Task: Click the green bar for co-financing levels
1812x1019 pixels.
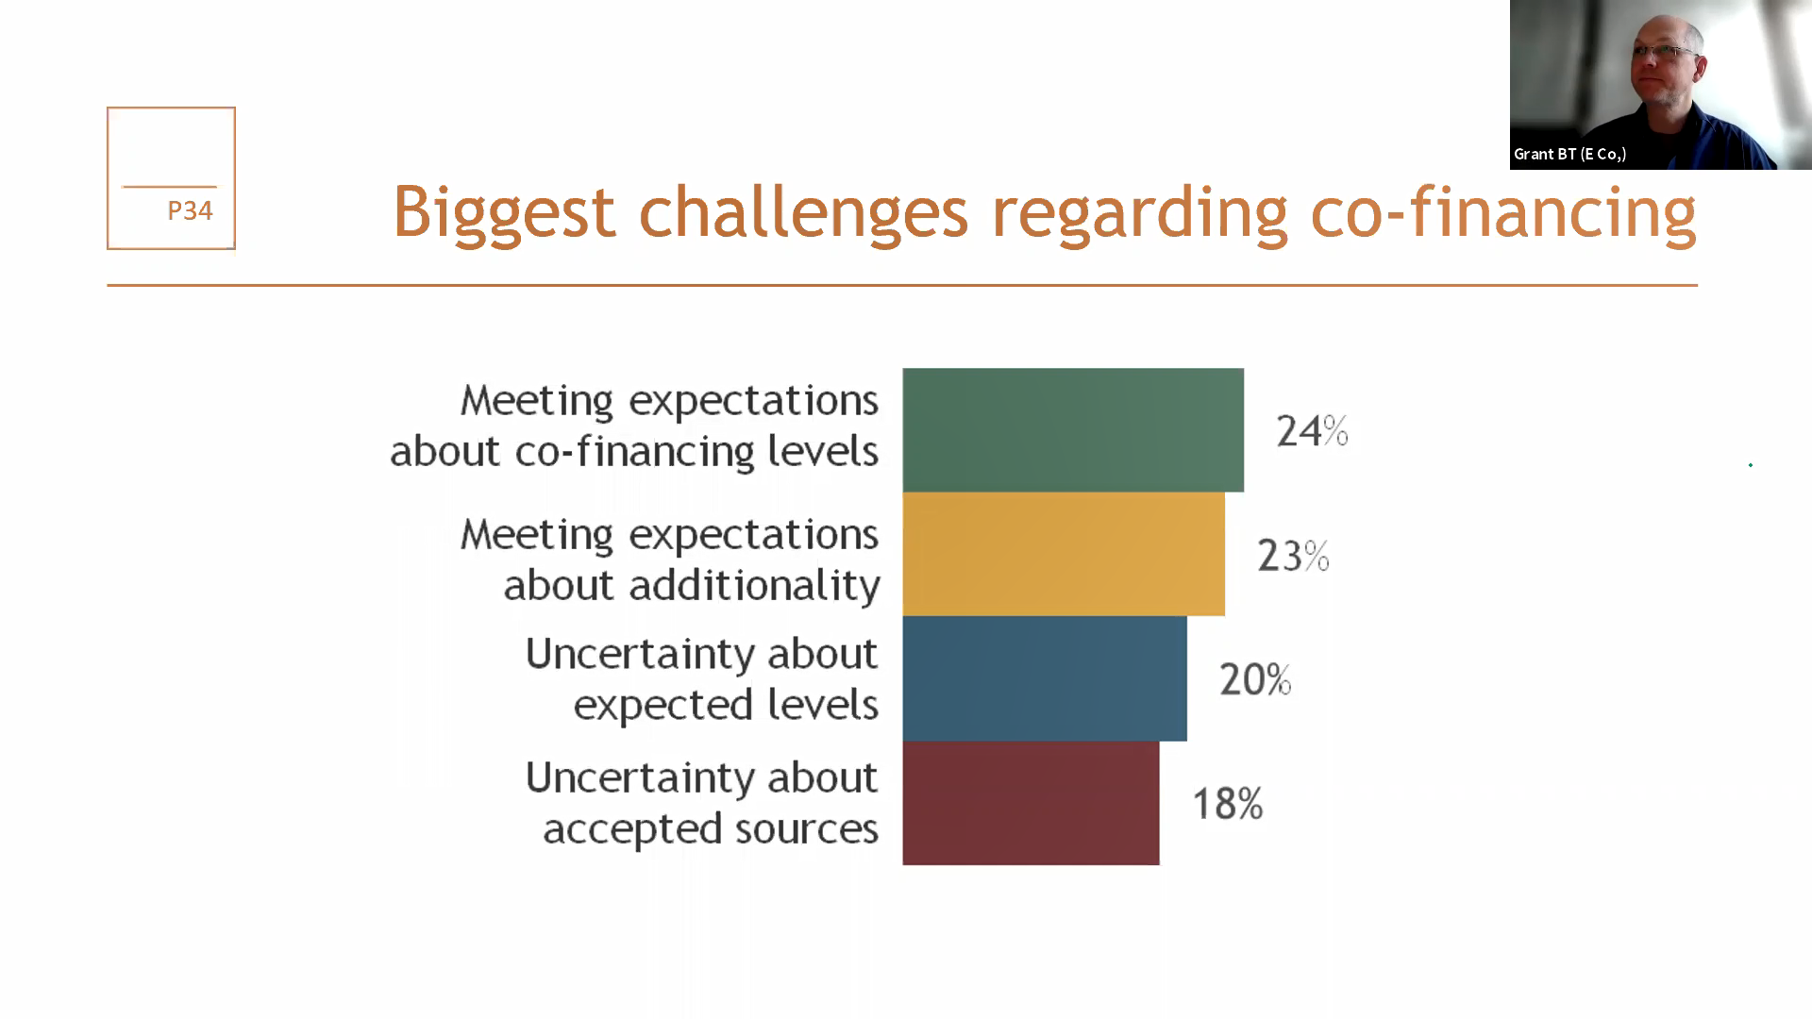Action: point(1073,429)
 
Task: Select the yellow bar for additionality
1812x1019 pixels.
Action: point(1064,554)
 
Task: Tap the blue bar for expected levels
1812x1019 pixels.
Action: point(1045,678)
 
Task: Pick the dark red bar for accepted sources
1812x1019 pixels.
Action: point(1031,803)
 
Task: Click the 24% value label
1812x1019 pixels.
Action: point(1312,431)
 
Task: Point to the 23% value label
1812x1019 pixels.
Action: point(1293,556)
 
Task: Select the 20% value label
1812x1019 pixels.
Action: point(1255,679)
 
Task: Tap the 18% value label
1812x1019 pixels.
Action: point(1228,804)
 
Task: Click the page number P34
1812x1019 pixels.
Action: point(190,210)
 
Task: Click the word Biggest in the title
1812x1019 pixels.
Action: point(504,213)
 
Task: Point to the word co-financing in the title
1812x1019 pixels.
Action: point(1503,213)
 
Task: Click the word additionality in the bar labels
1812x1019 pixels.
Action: point(755,586)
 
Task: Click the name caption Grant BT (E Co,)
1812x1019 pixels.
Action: point(1569,154)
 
